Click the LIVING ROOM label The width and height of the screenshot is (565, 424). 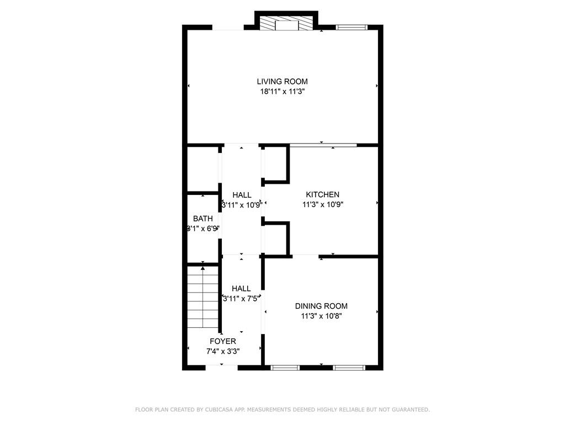(282, 82)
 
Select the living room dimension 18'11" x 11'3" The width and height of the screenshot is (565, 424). (282, 92)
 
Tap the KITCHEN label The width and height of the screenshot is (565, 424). (323, 194)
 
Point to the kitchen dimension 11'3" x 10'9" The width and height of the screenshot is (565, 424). (323, 204)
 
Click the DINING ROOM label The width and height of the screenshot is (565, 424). (321, 306)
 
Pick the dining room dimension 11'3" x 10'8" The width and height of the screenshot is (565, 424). (321, 316)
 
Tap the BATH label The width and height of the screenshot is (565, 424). (202, 219)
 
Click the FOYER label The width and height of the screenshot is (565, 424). (222, 341)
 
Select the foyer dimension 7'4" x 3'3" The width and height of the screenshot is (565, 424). (222, 351)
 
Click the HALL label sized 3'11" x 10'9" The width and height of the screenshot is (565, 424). (242, 195)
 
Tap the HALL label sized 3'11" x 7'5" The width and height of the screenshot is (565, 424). (241, 288)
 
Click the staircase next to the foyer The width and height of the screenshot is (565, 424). (203, 298)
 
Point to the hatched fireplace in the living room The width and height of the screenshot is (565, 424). (286, 24)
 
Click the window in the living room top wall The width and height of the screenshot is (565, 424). (351, 26)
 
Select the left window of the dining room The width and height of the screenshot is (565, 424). (285, 367)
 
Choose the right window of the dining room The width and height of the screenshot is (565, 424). (349, 367)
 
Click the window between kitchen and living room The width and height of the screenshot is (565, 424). (323, 145)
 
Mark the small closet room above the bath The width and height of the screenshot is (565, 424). (203, 168)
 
